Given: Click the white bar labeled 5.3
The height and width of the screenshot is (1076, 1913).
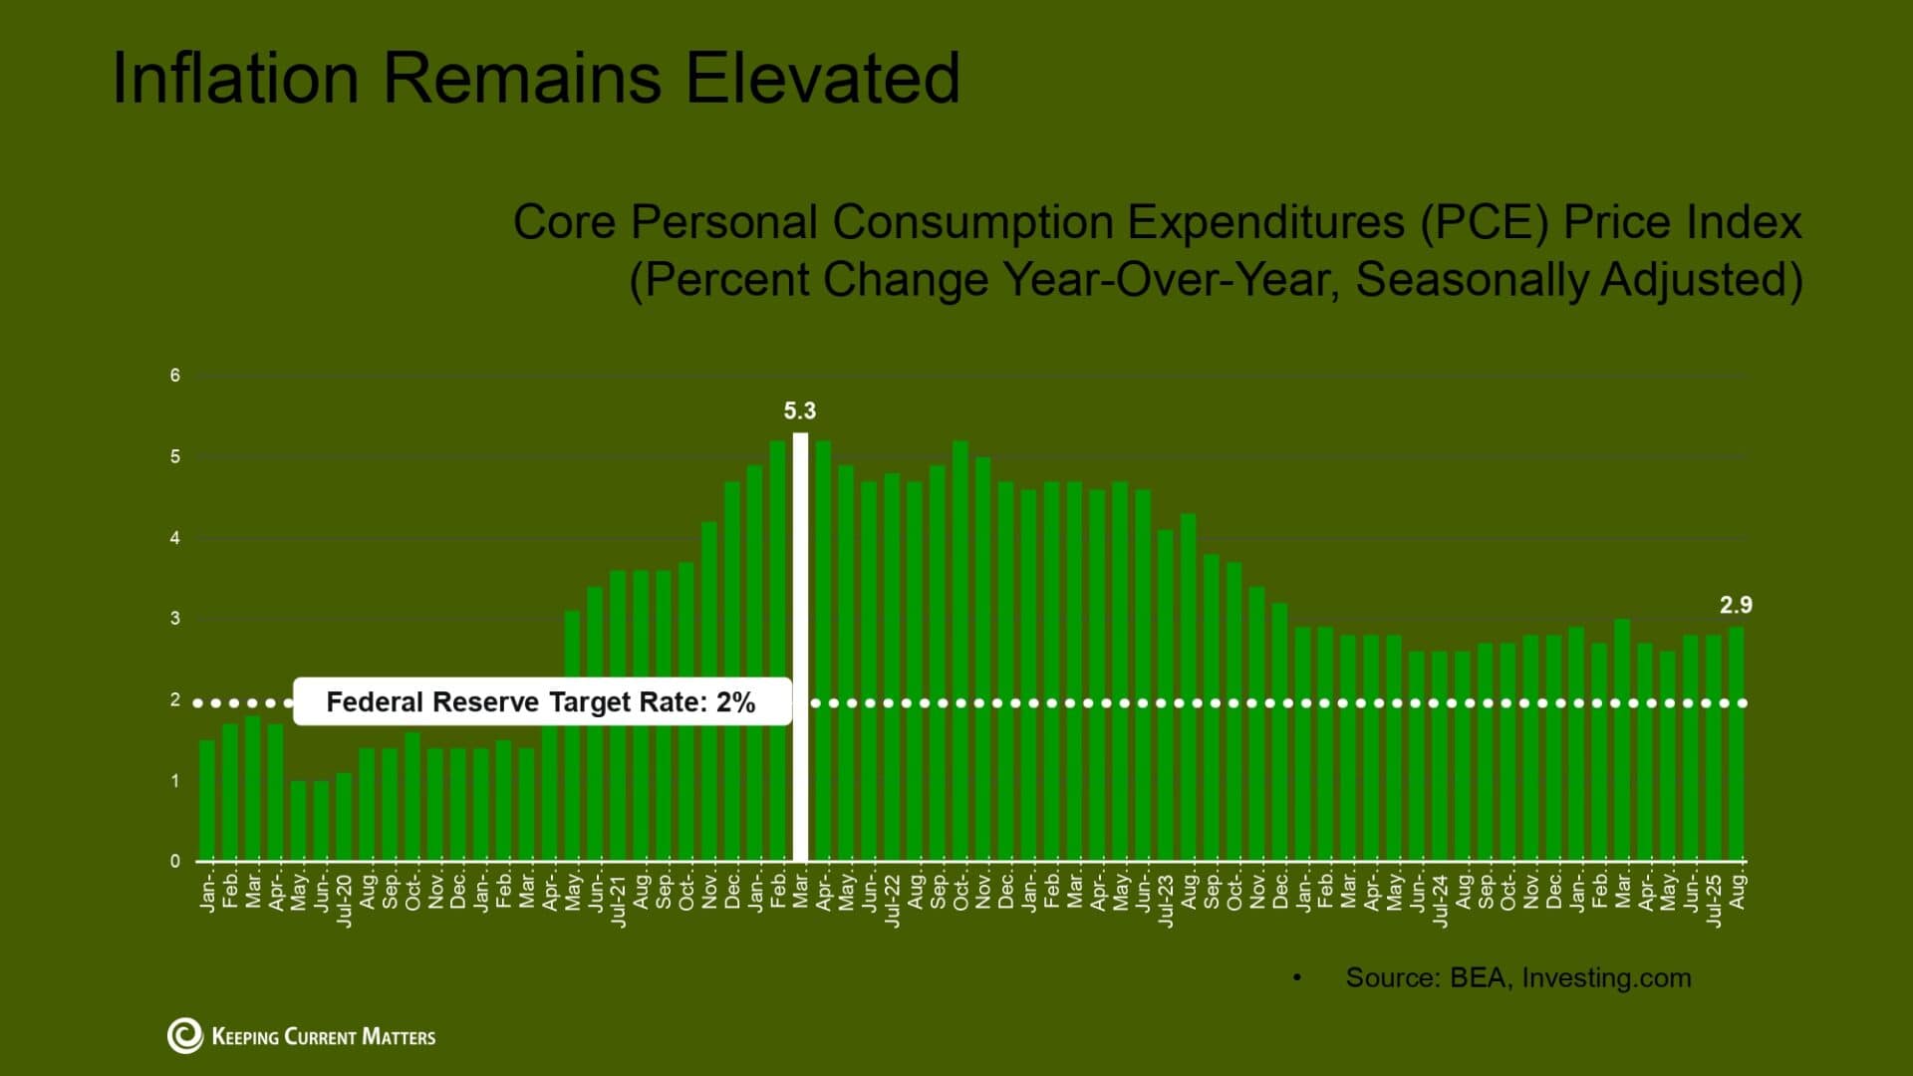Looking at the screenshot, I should (800, 648).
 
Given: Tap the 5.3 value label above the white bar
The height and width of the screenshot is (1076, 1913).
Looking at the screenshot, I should (799, 410).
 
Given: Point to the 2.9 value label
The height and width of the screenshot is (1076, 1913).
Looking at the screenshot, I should (1736, 605).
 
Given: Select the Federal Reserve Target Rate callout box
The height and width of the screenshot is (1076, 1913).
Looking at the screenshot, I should (542, 702).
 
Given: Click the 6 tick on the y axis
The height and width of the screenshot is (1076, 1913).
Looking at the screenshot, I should (175, 376).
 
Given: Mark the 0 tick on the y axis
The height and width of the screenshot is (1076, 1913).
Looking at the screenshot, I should (175, 861).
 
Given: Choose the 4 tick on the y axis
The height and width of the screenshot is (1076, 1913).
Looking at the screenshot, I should (175, 538).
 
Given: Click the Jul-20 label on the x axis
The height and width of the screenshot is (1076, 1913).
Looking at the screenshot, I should (344, 901).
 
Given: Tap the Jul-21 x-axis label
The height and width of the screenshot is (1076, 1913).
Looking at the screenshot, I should (619, 901).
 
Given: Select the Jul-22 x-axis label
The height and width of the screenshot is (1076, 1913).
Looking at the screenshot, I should (893, 901).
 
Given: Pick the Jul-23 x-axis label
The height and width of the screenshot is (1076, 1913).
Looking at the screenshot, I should (1166, 901).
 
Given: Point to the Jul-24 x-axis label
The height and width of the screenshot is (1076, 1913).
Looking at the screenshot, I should (1441, 901).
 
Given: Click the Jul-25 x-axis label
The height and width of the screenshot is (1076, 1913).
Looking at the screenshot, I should (1714, 901).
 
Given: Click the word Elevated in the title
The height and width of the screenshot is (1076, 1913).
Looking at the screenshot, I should (822, 78).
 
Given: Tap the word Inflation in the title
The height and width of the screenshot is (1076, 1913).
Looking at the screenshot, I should (235, 78).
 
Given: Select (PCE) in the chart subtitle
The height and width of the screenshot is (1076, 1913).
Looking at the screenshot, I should (1485, 221).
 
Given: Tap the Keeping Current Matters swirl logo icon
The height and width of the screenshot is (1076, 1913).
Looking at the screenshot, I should (185, 1036).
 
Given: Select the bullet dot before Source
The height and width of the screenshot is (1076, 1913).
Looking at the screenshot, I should (1297, 978).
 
